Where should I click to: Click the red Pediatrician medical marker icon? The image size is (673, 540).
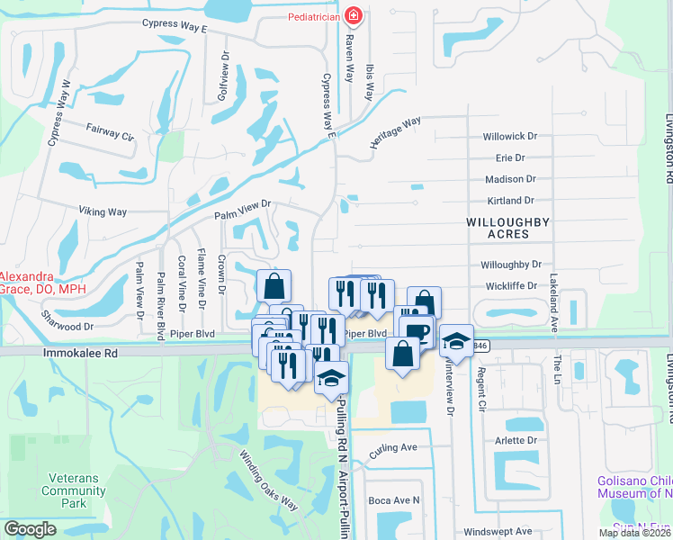point(354,16)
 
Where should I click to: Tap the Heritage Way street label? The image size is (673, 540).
point(395,132)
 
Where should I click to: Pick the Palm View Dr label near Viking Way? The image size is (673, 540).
point(242,211)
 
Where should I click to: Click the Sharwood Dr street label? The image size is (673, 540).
point(67,320)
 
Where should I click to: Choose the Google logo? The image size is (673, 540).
point(30,529)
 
